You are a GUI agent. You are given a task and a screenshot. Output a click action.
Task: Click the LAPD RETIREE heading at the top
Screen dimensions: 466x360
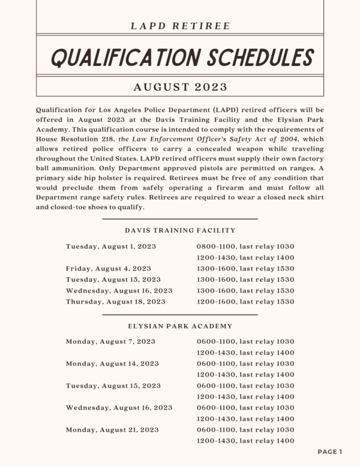tap(180, 25)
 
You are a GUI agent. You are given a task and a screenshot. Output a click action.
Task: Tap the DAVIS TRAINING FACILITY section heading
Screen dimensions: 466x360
tap(180, 230)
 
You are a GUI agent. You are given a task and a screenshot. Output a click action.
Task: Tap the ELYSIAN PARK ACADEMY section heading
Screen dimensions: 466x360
tap(180, 326)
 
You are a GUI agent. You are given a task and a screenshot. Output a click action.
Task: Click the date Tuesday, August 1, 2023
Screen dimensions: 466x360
tap(111, 246)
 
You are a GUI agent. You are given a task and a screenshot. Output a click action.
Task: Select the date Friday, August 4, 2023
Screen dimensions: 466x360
tap(109, 268)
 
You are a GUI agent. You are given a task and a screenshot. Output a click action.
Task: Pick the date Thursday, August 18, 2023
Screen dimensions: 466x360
tap(116, 302)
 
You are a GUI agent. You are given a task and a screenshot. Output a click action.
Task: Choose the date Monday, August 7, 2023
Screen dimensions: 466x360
tap(110, 341)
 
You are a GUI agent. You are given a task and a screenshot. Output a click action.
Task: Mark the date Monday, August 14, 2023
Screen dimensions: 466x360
tap(112, 363)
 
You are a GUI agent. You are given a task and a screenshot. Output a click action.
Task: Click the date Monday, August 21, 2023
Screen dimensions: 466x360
tap(112, 429)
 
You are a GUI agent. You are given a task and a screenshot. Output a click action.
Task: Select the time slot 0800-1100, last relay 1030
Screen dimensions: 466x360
tap(245, 246)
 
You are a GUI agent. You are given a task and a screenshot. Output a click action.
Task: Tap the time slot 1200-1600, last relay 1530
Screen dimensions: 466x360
tap(245, 302)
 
